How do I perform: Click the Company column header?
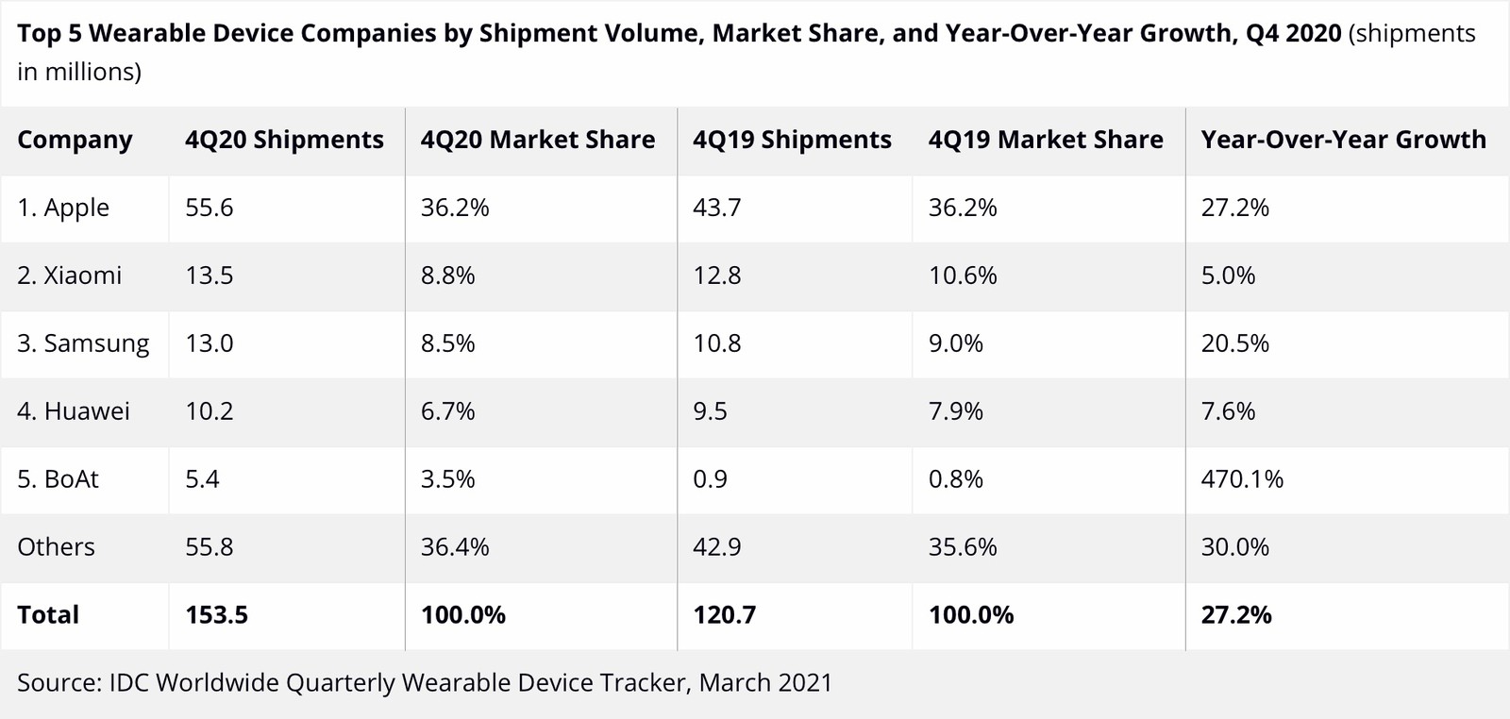tap(75, 140)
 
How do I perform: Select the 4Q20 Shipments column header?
tap(284, 140)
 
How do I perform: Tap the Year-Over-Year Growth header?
tap(1343, 140)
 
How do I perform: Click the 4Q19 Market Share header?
tap(1046, 140)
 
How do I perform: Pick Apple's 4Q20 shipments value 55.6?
tap(210, 208)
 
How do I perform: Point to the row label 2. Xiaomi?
tap(69, 276)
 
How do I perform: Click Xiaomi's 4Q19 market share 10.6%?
tap(963, 276)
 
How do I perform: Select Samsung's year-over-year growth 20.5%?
tap(1234, 343)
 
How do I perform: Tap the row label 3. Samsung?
tap(83, 343)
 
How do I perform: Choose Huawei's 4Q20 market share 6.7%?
tap(447, 411)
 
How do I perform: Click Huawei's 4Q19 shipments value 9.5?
tap(710, 411)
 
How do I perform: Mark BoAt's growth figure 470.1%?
tap(1242, 479)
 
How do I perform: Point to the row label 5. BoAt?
tap(58, 479)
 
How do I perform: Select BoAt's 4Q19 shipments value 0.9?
tap(710, 479)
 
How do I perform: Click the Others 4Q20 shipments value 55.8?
tap(210, 547)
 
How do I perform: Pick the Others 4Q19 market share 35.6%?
tap(963, 547)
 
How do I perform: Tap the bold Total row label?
tap(48, 615)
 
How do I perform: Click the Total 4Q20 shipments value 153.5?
tap(216, 615)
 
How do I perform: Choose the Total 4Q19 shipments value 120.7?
tap(724, 615)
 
